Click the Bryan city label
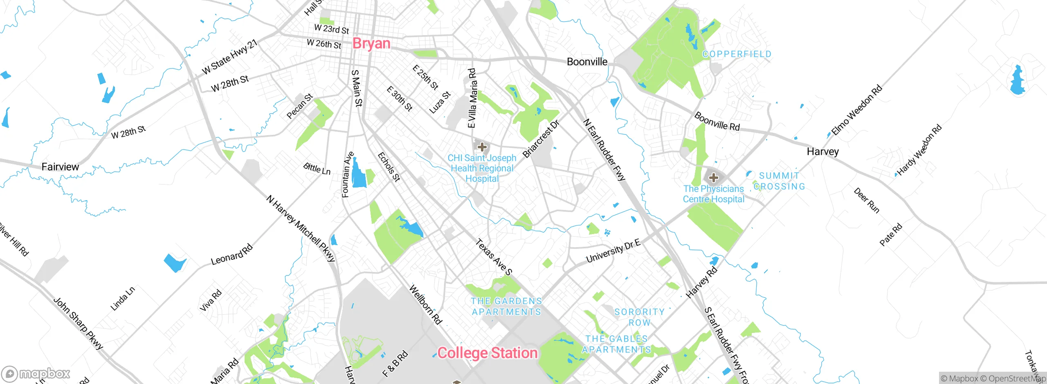pos(371,43)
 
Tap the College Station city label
pos(488,353)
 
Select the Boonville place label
pos(587,62)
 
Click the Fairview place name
pos(60,167)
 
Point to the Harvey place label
pos(822,152)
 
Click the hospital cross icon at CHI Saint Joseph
pos(482,147)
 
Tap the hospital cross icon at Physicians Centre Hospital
pos(713,177)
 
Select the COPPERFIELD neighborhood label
pos(737,54)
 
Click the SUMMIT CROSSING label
pos(779,181)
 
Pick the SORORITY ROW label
pos(639,317)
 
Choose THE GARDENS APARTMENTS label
pos(506,306)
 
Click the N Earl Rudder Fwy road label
pos(604,150)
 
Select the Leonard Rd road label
pos(232,255)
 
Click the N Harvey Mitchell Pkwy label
pos(301,228)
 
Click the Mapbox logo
pos(36,373)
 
